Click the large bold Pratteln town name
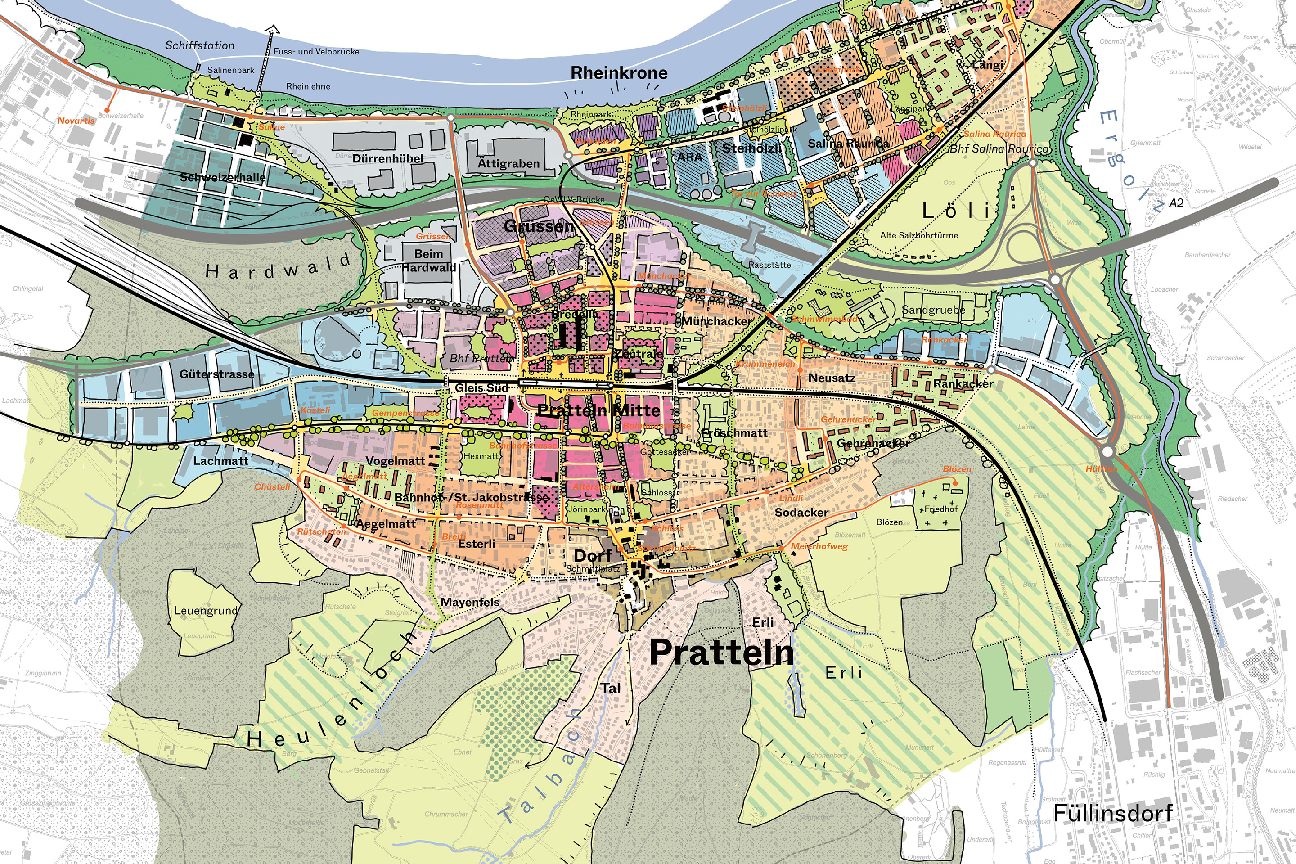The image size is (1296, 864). pyautogui.click(x=721, y=652)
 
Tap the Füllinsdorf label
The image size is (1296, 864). pyautogui.click(x=1112, y=813)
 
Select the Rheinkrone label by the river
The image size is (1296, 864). pyautogui.click(x=619, y=73)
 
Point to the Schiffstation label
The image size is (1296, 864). pyautogui.click(x=199, y=45)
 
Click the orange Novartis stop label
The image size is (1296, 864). pyautogui.click(x=76, y=121)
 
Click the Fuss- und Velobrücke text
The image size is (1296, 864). pyautogui.click(x=316, y=52)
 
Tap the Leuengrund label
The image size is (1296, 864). pyautogui.click(x=206, y=611)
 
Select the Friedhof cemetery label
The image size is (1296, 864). pyautogui.click(x=940, y=509)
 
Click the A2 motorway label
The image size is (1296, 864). pyautogui.click(x=1176, y=203)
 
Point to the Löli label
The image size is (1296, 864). pyautogui.click(x=957, y=210)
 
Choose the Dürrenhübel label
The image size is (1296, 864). pyautogui.click(x=388, y=159)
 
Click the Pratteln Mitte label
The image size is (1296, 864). pyautogui.click(x=598, y=410)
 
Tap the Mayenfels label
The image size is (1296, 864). pyautogui.click(x=470, y=602)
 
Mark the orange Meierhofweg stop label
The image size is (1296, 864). pyautogui.click(x=819, y=547)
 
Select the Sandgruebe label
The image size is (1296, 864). pyautogui.click(x=933, y=310)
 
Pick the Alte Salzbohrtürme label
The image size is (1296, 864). pyautogui.click(x=918, y=235)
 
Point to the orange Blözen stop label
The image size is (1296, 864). pyautogui.click(x=957, y=469)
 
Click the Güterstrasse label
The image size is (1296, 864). pyautogui.click(x=216, y=374)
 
